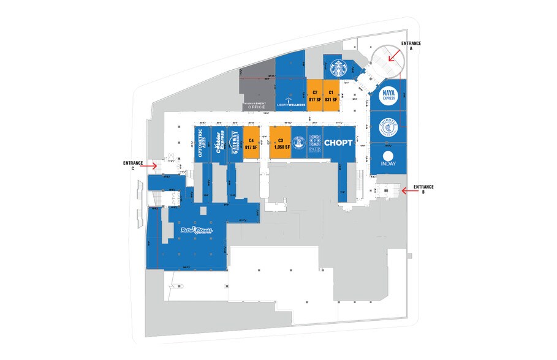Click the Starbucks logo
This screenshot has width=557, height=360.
click(336, 67)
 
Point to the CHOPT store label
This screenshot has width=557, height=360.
click(338, 143)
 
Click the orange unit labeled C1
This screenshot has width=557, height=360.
click(330, 96)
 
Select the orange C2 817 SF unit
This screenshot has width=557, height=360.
click(314, 96)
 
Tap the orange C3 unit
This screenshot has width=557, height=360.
click(280, 143)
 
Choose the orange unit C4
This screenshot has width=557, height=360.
click(251, 143)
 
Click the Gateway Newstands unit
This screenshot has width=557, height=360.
click(235, 143)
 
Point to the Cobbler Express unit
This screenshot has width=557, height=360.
click(218, 143)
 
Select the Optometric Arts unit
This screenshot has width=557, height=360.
click(202, 143)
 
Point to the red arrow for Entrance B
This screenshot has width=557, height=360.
click(408, 190)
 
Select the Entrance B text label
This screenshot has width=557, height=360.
click(423, 189)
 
